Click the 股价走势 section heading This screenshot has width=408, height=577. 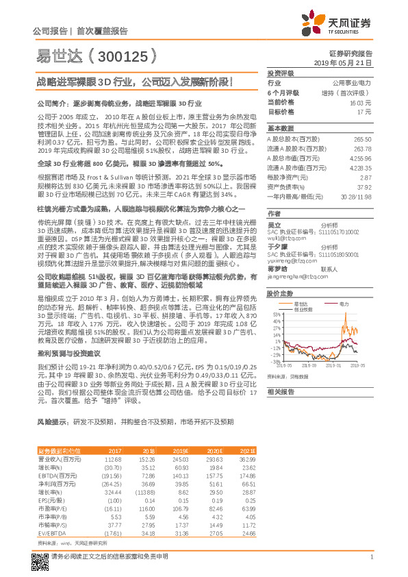280,293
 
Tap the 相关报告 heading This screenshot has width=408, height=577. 280,391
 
